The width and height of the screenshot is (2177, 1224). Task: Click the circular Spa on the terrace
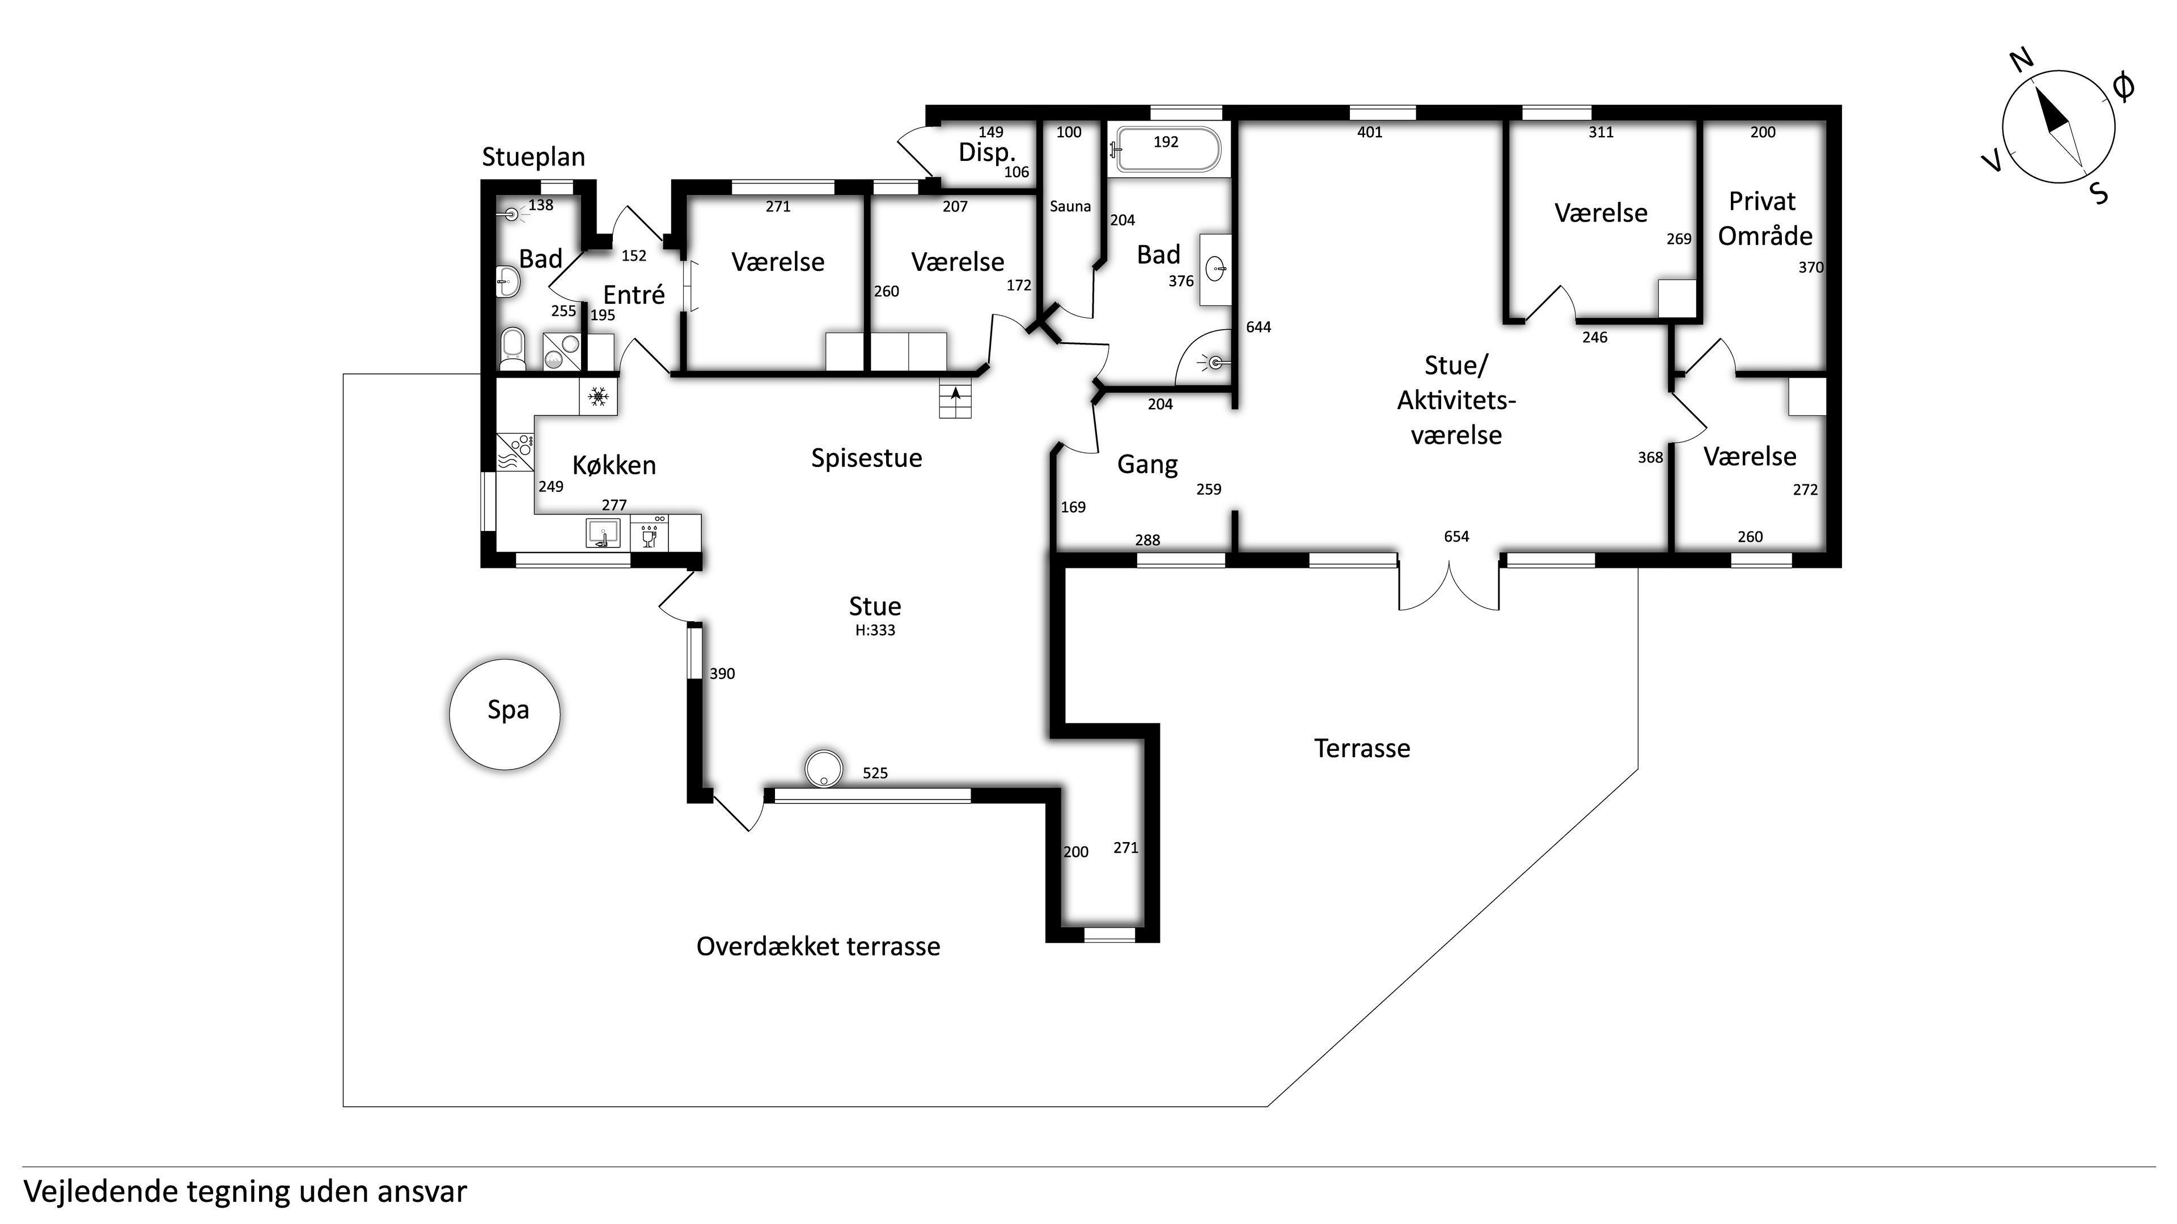(x=505, y=715)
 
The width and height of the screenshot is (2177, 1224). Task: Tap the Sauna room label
(x=1070, y=206)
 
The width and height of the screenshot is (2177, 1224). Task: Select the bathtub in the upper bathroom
(x=1166, y=150)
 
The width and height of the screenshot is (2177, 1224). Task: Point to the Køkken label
(x=615, y=465)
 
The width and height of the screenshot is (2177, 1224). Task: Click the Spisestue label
(x=866, y=458)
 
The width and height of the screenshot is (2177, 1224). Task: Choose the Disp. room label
(x=986, y=153)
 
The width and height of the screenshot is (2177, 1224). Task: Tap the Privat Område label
(x=1765, y=219)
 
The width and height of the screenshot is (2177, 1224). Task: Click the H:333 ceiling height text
(x=875, y=630)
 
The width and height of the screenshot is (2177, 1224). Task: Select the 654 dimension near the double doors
(x=1456, y=537)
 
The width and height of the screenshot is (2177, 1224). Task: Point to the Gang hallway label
(x=1147, y=465)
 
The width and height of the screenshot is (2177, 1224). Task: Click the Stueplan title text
(x=533, y=157)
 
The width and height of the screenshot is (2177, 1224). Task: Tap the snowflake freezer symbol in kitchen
(x=598, y=396)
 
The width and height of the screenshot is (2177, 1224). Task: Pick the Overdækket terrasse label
(x=818, y=946)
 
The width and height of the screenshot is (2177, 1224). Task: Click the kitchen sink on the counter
(x=603, y=533)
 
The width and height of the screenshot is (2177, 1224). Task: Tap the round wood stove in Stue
(x=823, y=769)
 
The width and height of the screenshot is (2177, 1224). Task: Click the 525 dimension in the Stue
(x=875, y=773)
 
